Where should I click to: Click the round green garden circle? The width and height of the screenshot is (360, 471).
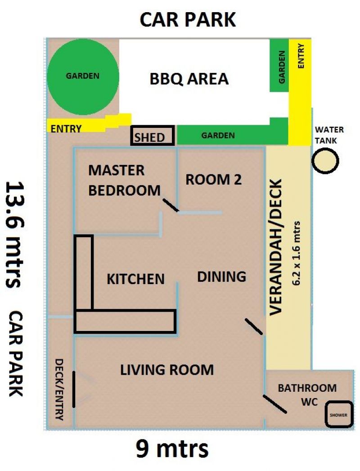pos(83,77)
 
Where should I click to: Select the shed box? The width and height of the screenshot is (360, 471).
pos(153,136)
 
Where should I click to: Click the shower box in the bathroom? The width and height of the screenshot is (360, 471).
pos(339,414)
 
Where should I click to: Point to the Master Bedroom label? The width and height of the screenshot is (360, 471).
pos(124,180)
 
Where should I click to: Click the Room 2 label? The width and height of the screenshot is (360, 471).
pos(213,180)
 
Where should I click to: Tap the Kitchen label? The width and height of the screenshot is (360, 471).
pos(135,279)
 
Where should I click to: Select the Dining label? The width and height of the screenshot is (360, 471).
pos(221,276)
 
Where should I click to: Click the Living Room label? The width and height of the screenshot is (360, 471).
pos(167,370)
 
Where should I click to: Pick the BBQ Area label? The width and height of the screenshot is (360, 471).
pos(189,79)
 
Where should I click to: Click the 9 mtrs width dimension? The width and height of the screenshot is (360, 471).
pos(172,449)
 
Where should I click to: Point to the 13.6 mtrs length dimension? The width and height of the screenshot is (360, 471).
pos(14,234)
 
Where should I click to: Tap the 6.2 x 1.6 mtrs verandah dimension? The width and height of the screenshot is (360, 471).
pos(297,253)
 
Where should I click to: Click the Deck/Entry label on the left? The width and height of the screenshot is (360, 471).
pos(59,389)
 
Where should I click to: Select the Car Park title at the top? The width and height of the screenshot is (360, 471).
pos(188,20)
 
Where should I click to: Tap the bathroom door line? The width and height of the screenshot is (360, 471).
pos(275,404)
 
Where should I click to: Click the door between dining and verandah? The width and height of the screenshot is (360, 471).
pos(254,326)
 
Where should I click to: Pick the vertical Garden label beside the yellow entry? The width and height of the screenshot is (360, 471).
pos(281,67)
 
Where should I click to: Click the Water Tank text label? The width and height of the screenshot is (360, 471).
pos(329,135)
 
